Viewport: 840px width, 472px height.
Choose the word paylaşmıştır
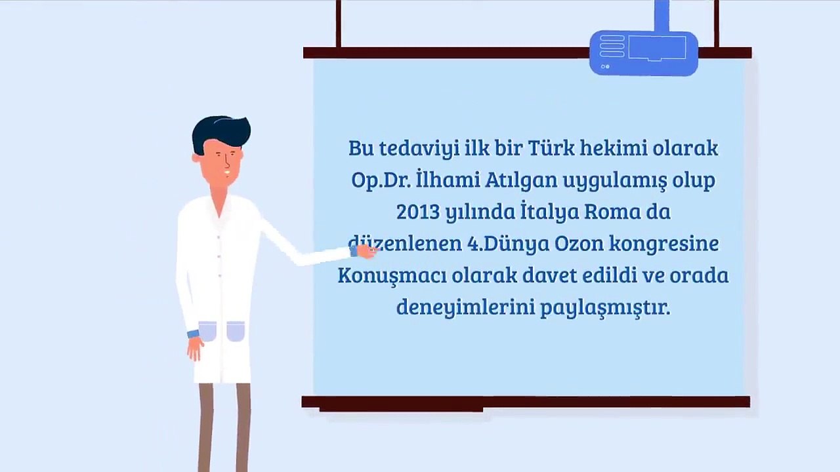coord(605,308)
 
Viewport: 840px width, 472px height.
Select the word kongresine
coord(664,245)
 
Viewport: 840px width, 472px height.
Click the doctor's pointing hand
coord(366,252)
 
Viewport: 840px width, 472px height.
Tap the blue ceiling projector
coord(644,52)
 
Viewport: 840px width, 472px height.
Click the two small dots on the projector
coord(605,67)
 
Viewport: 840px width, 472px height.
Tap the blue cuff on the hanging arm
coord(193,334)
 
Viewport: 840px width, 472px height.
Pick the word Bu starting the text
coord(361,148)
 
